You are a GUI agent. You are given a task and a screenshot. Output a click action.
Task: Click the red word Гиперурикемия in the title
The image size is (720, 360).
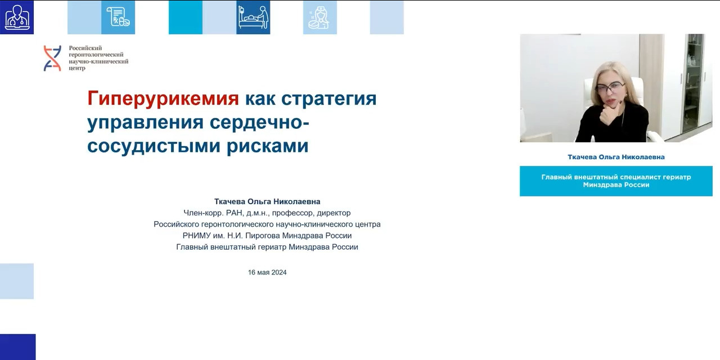click(163, 98)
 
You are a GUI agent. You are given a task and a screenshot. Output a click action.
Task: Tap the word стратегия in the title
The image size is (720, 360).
click(329, 98)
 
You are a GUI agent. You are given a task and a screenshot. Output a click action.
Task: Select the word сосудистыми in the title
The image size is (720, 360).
click(154, 146)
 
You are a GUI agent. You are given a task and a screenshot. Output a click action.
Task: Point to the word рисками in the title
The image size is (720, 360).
click(267, 146)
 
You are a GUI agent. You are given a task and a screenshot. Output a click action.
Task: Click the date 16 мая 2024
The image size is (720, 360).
click(267, 272)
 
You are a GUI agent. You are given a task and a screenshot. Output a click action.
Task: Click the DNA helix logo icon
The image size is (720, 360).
click(52, 58)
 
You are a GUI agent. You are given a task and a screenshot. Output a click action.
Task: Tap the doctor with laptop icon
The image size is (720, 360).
click(17, 17)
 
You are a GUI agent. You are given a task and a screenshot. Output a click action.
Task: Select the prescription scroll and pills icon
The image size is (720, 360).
click(118, 17)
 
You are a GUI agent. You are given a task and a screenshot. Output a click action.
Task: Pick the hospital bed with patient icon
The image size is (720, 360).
click(253, 17)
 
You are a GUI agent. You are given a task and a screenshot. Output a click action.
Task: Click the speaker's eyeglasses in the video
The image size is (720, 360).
click(610, 87)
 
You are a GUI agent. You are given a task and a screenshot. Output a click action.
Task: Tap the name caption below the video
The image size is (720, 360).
click(616, 157)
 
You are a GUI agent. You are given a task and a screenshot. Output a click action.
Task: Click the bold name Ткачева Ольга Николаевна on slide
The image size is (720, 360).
click(267, 201)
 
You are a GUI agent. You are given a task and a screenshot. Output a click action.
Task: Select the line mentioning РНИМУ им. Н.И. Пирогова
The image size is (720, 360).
click(267, 236)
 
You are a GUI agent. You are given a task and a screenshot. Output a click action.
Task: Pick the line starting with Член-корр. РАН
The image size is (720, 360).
click(267, 213)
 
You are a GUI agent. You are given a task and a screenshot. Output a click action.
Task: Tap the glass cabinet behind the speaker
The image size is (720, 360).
click(694, 84)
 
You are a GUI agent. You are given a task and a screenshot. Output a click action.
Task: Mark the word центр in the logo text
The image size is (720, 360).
click(77, 68)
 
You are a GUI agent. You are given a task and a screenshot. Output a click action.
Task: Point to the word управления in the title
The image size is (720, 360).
click(145, 123)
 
